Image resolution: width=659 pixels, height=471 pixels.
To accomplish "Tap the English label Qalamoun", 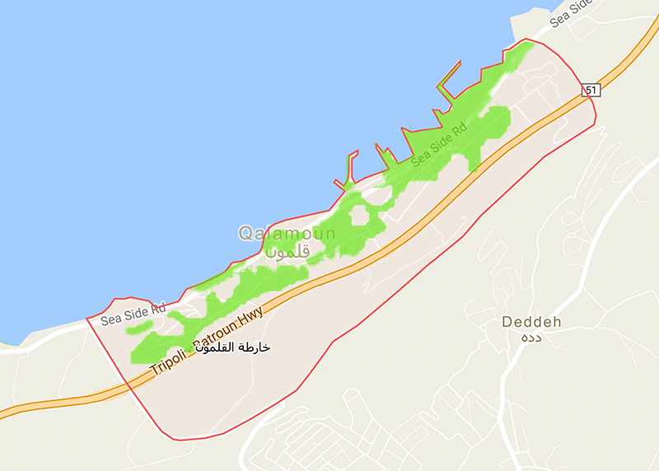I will point(287,234).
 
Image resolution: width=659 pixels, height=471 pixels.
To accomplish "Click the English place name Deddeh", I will point(531,322).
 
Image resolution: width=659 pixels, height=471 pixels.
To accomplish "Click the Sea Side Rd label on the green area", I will point(439,145).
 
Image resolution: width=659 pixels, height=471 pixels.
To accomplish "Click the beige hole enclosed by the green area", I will point(360,216).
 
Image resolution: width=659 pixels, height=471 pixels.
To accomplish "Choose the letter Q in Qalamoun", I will point(245,234).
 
